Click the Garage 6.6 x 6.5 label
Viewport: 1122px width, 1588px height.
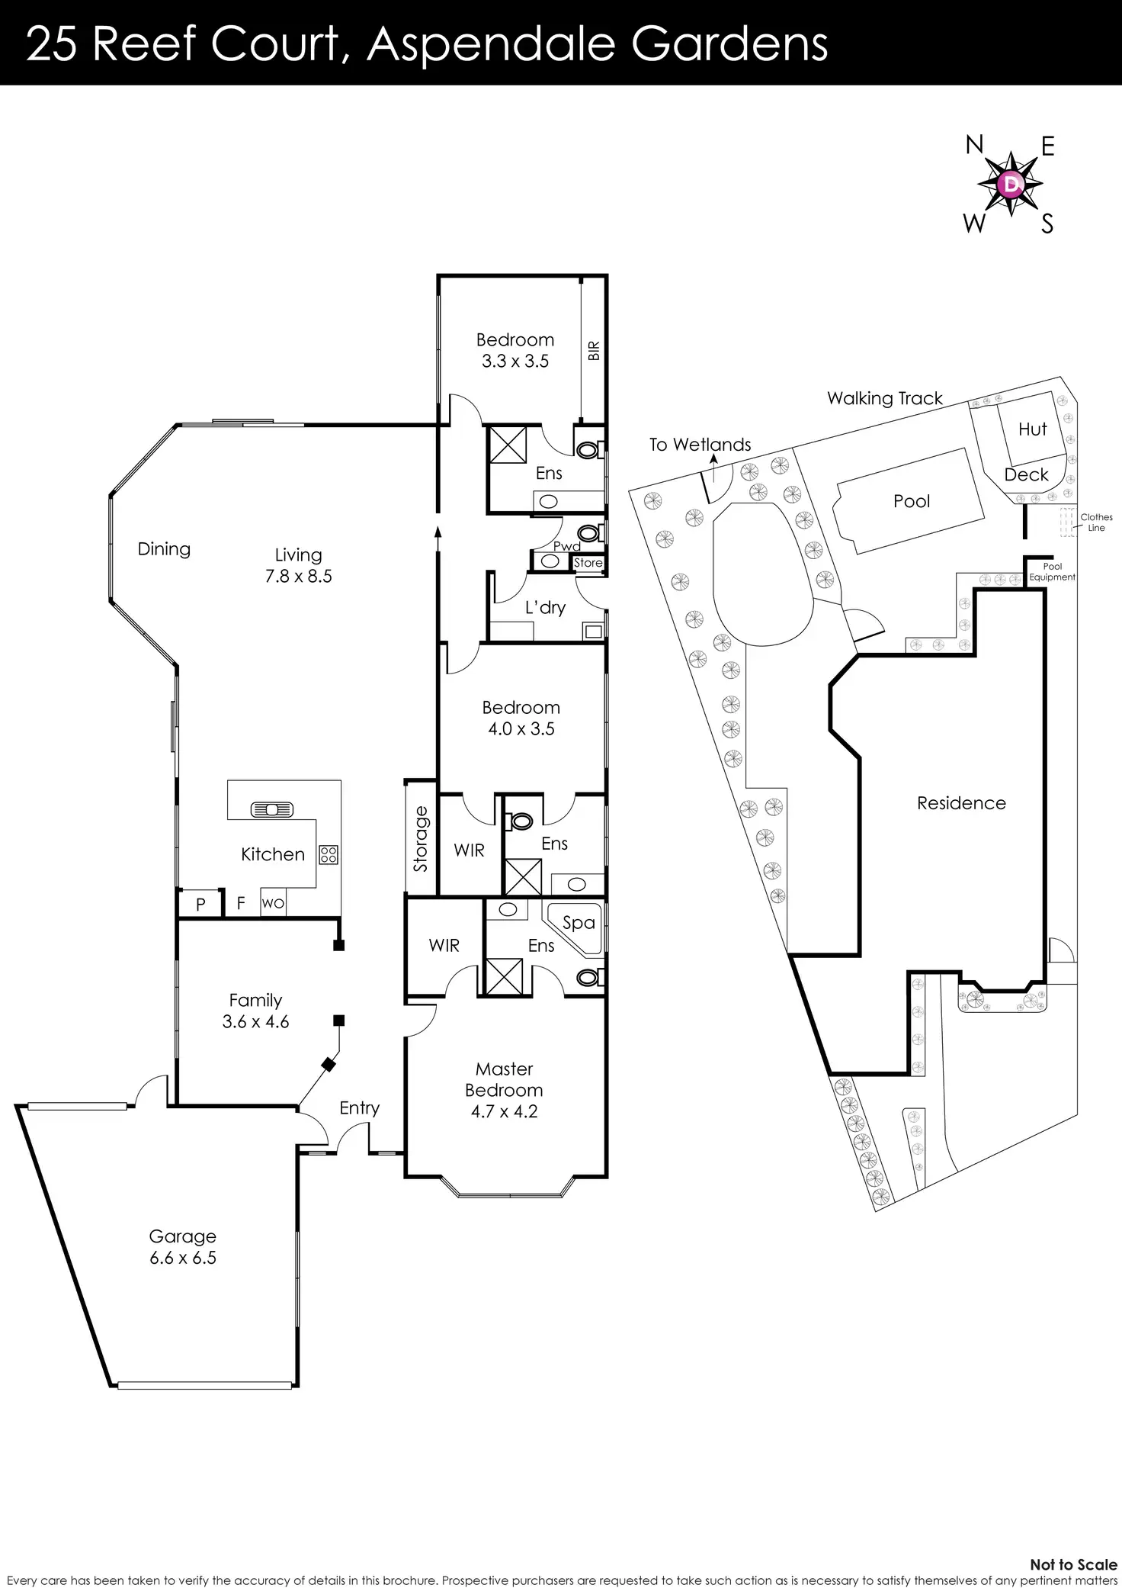[x=183, y=1247]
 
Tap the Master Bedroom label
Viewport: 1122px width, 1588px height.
[x=504, y=1079]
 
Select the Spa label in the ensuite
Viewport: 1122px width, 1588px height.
[x=579, y=922]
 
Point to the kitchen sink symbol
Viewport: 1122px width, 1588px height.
[x=271, y=809]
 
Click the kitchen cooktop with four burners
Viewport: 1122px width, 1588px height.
[x=329, y=854]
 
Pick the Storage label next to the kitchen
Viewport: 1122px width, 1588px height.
[x=421, y=839]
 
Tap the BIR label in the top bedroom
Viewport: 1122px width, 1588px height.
[x=595, y=350]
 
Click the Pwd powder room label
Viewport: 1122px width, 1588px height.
[x=567, y=546]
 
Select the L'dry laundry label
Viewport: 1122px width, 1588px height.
[x=545, y=607]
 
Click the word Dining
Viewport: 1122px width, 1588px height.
[x=164, y=549]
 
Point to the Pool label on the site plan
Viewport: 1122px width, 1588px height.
[x=912, y=501]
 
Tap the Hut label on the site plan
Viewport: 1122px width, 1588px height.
[x=1033, y=429]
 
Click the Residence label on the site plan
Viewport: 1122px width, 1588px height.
[x=961, y=803]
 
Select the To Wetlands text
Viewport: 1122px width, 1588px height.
[x=700, y=445]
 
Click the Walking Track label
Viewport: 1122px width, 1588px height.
[x=884, y=398]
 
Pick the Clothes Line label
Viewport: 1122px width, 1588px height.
[x=1096, y=522]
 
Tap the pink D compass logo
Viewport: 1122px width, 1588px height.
[x=1011, y=184]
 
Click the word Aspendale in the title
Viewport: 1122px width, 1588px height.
[x=490, y=44]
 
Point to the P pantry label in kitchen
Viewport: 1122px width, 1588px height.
[x=200, y=905]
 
